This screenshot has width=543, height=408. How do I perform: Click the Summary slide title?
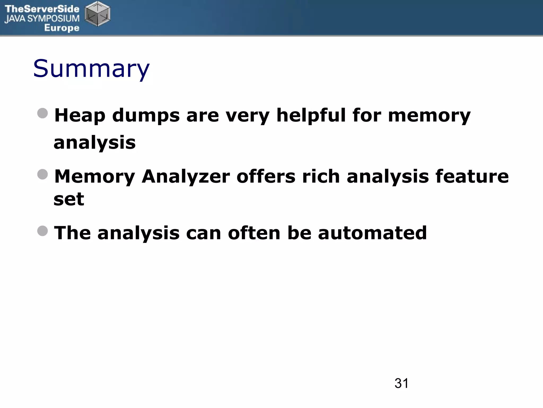point(91,69)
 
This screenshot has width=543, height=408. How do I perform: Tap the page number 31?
point(401,384)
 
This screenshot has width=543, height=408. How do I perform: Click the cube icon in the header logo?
point(97,14)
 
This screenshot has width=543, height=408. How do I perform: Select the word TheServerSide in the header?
point(42,9)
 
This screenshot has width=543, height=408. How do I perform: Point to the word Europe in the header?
point(62,28)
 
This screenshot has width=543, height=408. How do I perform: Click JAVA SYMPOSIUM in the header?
point(42,19)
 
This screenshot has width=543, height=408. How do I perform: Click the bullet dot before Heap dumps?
point(43,113)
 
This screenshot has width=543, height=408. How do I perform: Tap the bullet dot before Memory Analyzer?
point(43,175)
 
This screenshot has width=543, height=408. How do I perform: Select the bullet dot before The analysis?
point(43,231)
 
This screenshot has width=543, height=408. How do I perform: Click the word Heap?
point(80,116)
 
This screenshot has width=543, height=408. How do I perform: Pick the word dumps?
point(146,116)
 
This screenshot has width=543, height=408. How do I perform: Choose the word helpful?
point(311,116)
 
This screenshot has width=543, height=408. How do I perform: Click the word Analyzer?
point(186,177)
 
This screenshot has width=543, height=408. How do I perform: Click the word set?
point(69,199)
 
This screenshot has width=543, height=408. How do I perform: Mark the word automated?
point(372,233)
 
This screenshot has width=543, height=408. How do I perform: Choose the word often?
point(254,233)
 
